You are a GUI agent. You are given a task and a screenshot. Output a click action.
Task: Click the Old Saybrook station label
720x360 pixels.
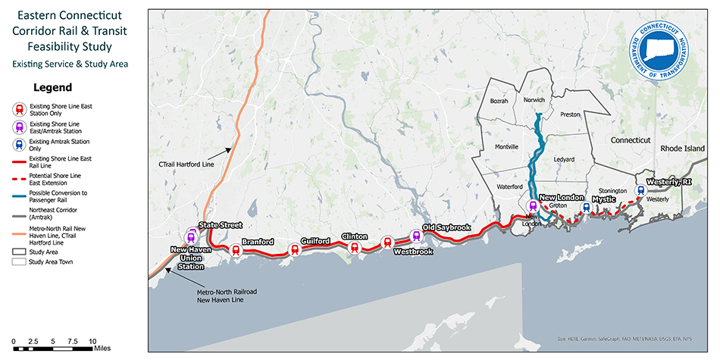446,227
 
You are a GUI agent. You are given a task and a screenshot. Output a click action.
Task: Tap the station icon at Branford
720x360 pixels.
236,250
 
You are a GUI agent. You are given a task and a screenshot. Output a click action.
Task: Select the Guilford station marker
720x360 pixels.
295,249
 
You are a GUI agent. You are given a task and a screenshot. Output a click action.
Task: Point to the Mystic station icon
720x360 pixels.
584,207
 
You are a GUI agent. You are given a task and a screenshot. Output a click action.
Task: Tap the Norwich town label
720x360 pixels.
534,100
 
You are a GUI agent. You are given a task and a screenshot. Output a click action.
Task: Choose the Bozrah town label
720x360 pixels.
499,101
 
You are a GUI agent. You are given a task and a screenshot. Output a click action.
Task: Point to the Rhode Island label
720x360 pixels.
682,149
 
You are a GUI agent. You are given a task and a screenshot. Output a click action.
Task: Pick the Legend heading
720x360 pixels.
52,87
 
